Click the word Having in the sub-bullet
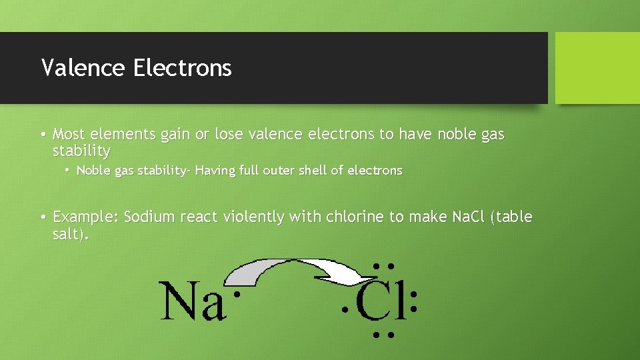pyautogui.click(x=215, y=171)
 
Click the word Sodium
pyautogui.click(x=148, y=217)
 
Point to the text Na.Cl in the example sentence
pyautogui.click(x=468, y=217)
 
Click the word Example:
pyautogui.click(x=86, y=217)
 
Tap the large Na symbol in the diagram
pyautogui.click(x=191, y=302)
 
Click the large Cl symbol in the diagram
pyautogui.click(x=381, y=301)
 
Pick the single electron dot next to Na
pyautogui.click(x=235, y=294)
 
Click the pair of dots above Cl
pyautogui.click(x=382, y=267)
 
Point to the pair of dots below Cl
pyautogui.click(x=382, y=334)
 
